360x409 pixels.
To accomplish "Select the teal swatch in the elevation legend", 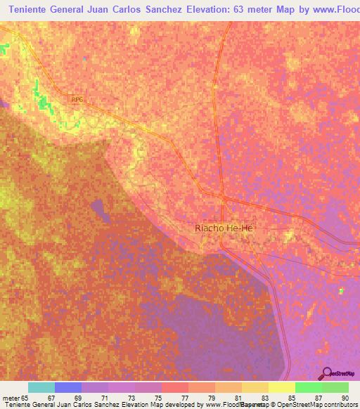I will [41, 387].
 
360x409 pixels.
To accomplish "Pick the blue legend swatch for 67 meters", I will [68, 387].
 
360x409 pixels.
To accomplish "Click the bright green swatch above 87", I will [308, 387].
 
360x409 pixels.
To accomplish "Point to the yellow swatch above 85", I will [281, 387].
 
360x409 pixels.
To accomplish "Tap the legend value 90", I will [344, 398].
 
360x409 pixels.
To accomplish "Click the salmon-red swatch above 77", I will [175, 387].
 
